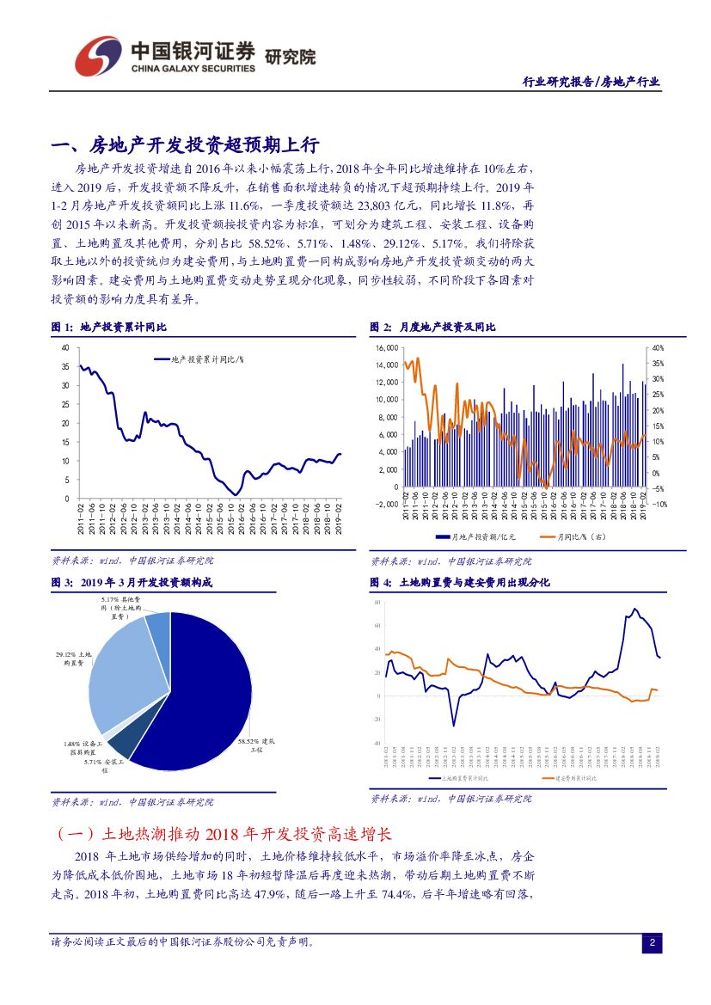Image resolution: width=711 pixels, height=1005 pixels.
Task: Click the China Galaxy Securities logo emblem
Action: click(96, 57)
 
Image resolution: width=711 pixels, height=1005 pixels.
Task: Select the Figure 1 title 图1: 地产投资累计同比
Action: click(110, 328)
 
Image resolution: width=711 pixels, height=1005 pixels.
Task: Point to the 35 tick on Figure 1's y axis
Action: click(64, 366)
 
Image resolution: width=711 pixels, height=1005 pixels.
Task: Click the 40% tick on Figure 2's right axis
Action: click(658, 348)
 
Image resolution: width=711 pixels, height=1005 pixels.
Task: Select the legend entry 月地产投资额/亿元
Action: click(476, 537)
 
